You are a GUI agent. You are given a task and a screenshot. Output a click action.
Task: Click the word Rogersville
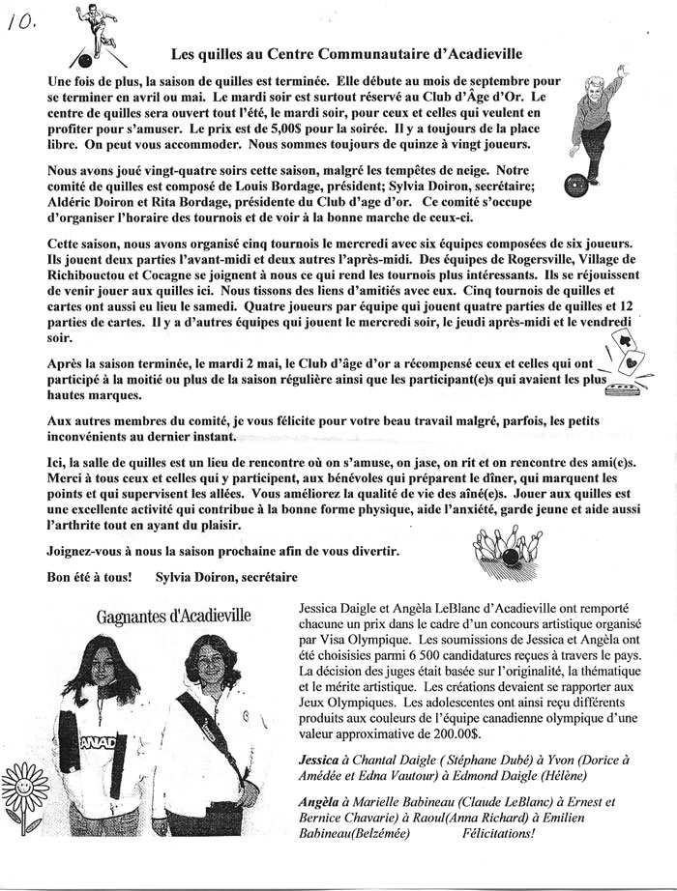[x=518, y=258]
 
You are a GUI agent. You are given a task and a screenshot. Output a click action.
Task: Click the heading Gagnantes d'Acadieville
[x=173, y=616]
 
